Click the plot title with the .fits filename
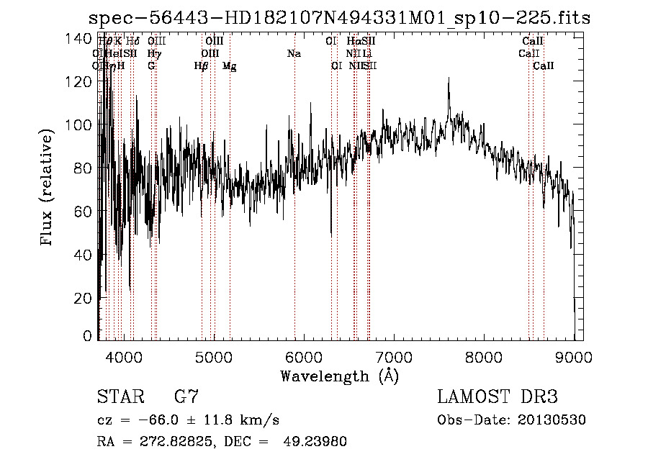point(338,18)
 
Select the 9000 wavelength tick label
point(574,356)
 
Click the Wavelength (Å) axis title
point(339,376)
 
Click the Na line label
point(294,54)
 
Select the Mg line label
point(230,66)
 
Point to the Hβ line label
point(202,66)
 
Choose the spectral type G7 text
point(186,397)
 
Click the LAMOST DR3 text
point(498,397)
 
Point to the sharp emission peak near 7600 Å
point(449,79)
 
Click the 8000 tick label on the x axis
point(484,356)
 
